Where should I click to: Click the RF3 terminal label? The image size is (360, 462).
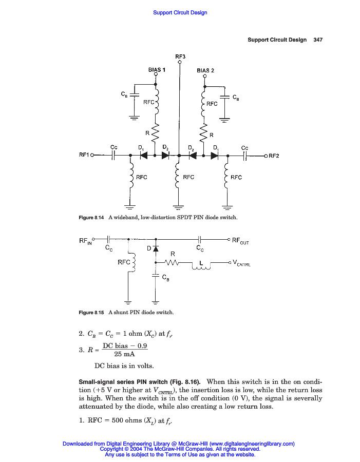180,56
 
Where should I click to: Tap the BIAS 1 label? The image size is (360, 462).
156,69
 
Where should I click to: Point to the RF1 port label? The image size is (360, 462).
84,155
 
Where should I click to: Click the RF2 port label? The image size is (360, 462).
274,156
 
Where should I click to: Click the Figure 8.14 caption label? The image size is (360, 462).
91,218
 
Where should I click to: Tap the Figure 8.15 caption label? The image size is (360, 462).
91,312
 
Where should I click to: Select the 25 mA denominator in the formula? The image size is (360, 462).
125,354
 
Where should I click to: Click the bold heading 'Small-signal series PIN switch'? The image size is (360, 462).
140,381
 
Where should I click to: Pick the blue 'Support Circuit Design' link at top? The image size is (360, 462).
180,12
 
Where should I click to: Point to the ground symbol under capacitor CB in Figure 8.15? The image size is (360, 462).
156,301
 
